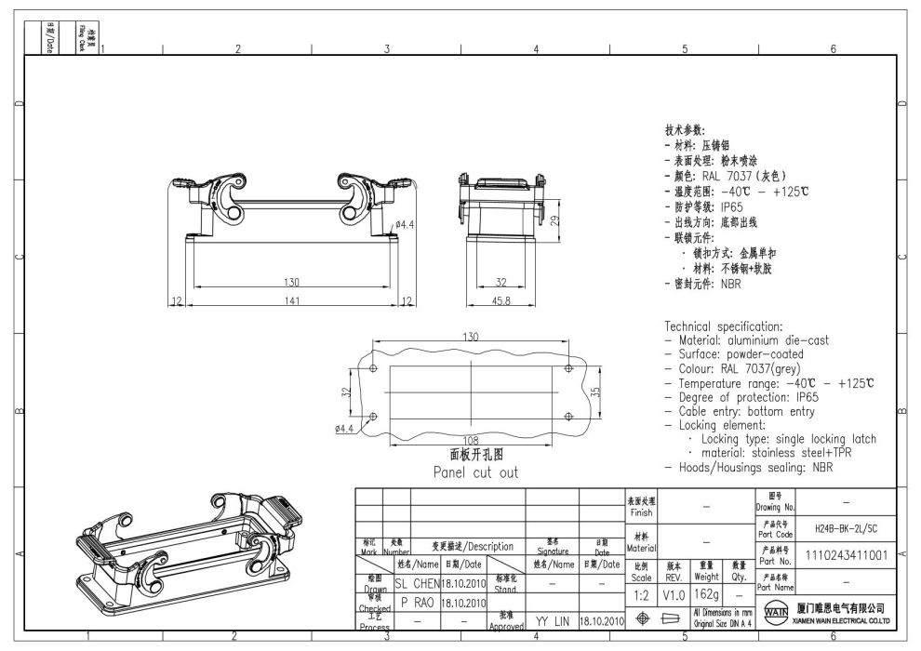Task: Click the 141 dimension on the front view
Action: [x=291, y=300]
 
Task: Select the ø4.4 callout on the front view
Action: [x=405, y=224]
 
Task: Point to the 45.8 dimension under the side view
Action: [x=501, y=300]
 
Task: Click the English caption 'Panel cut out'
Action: [x=475, y=472]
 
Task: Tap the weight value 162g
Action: [x=707, y=592]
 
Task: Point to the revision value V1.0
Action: [x=674, y=592]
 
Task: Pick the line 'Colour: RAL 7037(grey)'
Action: [x=734, y=368]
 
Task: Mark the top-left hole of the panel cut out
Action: [x=374, y=368]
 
